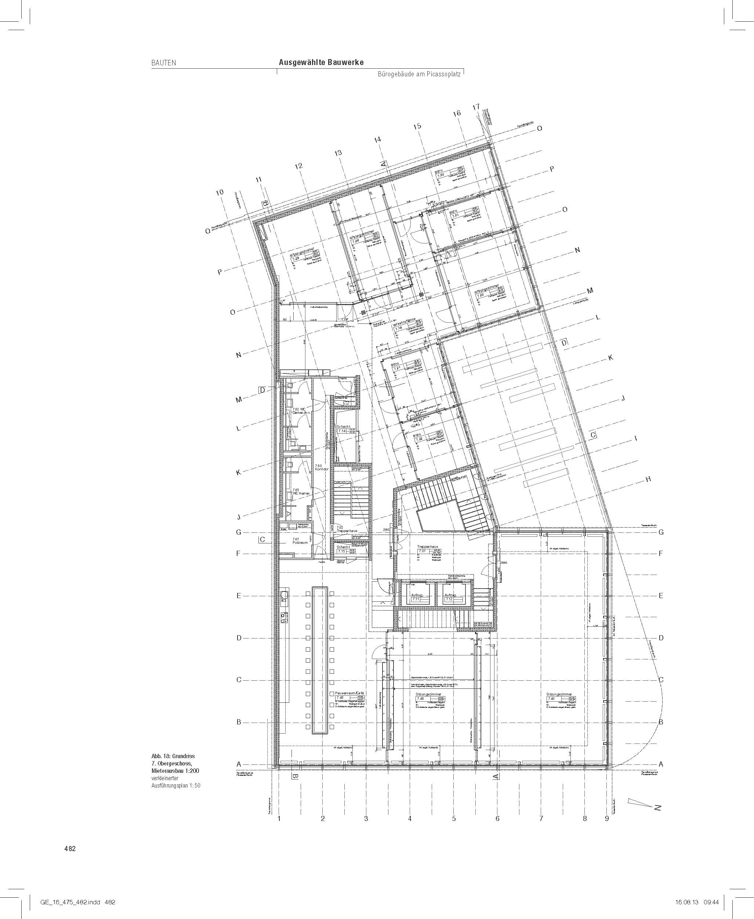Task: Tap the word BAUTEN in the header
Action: (x=164, y=62)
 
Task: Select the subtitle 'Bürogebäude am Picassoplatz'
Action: (x=419, y=75)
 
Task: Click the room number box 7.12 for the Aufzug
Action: (x=449, y=599)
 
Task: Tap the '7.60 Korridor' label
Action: (x=322, y=467)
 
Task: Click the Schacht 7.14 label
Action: (x=343, y=429)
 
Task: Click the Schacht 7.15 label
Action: (x=343, y=549)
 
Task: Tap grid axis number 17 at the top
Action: (x=476, y=107)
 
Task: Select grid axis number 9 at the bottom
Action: (x=607, y=819)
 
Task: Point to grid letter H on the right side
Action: (x=648, y=480)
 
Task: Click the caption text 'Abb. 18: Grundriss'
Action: (x=173, y=756)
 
